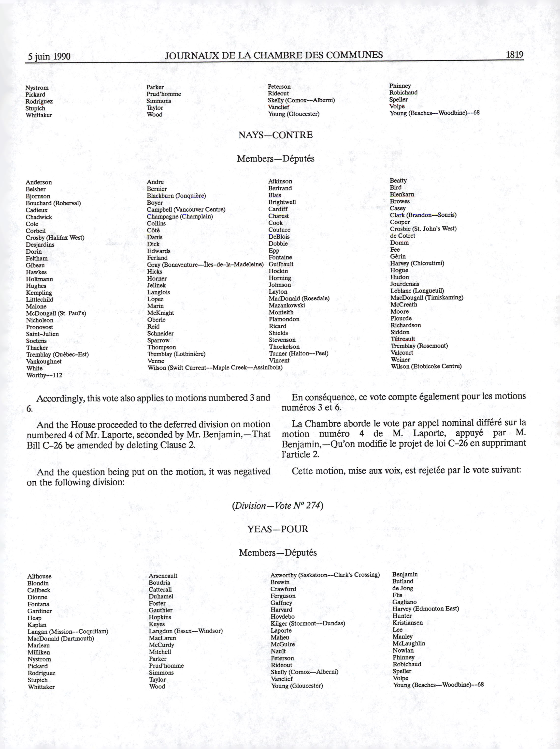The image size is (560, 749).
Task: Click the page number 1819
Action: click(514, 55)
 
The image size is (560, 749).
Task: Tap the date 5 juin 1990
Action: click(49, 56)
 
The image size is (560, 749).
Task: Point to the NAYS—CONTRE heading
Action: click(275, 135)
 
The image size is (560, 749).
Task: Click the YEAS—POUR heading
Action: click(278, 529)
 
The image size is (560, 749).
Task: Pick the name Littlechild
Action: click(40, 300)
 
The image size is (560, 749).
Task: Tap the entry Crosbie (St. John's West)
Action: click(423, 229)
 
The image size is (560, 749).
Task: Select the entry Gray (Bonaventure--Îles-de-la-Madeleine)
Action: click(205, 264)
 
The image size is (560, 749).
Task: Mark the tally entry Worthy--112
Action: click(44, 375)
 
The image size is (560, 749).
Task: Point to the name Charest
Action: click(279, 216)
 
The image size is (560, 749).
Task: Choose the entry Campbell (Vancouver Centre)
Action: click(186, 210)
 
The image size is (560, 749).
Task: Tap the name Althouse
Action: click(39, 576)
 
